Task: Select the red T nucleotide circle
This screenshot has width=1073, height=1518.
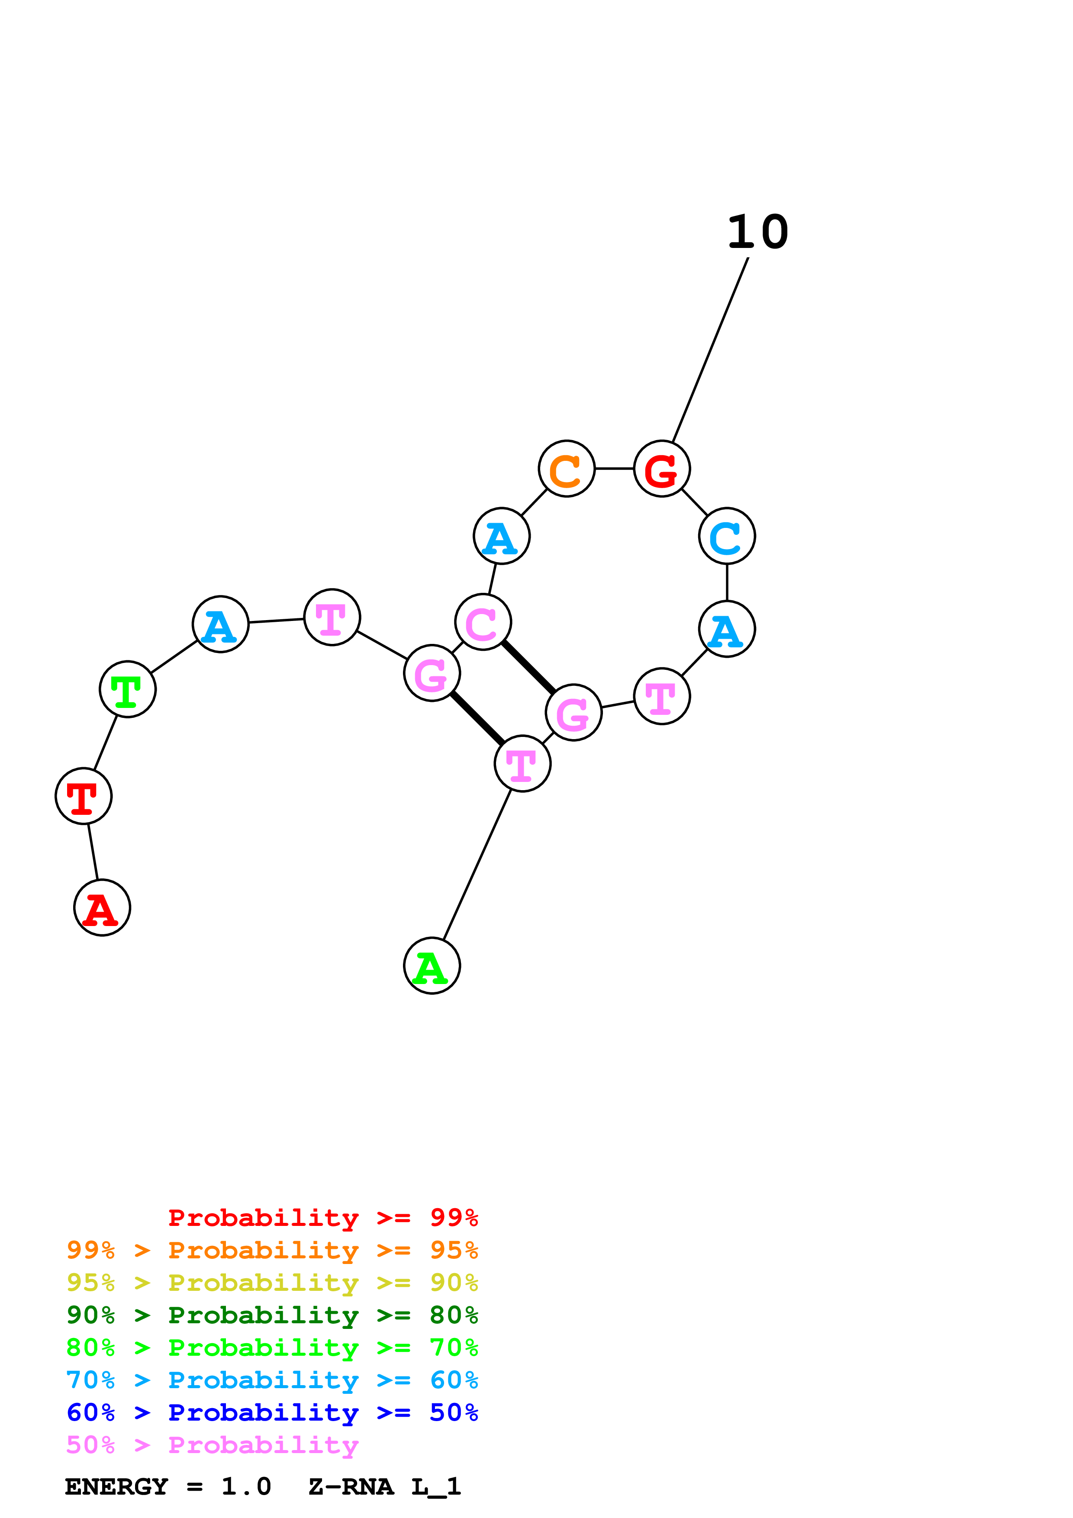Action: point(83,796)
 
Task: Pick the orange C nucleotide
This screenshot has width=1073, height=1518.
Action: point(567,469)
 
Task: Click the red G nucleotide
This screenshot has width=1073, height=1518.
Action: point(662,469)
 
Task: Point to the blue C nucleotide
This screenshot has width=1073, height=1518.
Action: point(727,536)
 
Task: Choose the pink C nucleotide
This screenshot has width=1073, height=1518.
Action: point(483,622)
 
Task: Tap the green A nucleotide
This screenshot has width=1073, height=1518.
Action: point(432,965)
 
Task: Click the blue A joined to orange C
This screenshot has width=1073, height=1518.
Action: point(502,536)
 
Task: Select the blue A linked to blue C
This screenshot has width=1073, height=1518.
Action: point(727,630)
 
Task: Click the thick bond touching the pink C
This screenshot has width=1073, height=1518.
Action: point(528,668)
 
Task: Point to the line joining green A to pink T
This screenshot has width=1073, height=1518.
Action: point(477,864)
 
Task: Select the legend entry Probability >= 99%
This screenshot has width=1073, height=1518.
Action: point(322,1218)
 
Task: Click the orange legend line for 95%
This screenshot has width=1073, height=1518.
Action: point(272,1250)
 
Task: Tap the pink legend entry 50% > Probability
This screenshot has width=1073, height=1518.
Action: point(212,1444)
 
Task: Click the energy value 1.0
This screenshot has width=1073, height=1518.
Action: point(246,1486)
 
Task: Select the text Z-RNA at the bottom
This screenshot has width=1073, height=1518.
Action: point(351,1486)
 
